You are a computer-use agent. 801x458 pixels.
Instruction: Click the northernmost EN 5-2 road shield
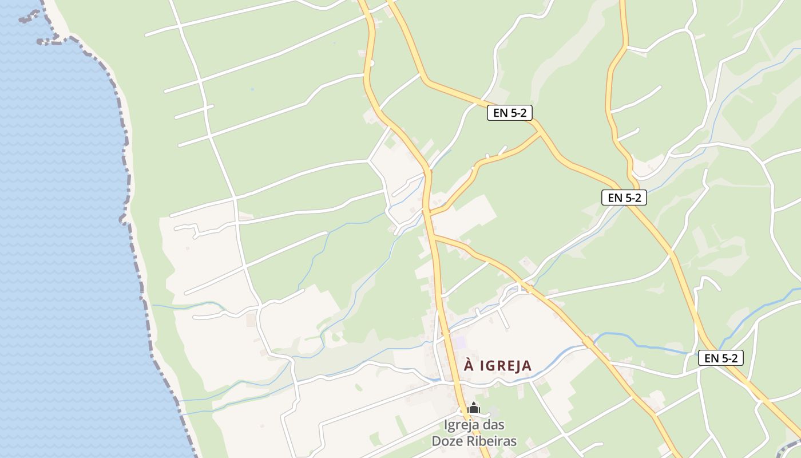pos(509,113)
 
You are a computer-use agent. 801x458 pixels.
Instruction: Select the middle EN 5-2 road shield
pos(624,198)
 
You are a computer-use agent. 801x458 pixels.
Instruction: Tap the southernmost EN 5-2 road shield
pos(720,358)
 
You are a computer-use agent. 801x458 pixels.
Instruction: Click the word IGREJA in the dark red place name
pos(506,366)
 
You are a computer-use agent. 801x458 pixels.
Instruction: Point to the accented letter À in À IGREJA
pos(469,365)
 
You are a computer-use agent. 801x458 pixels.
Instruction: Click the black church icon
pos(474,408)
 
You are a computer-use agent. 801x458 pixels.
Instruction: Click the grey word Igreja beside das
pos(463,425)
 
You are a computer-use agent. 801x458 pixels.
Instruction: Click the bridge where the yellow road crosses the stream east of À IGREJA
pos(589,342)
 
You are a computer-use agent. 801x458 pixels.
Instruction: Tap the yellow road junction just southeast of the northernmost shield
pos(541,133)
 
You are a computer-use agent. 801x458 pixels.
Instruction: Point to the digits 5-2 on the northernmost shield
pos(517,113)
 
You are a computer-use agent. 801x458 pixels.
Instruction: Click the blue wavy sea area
pos(57,229)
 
